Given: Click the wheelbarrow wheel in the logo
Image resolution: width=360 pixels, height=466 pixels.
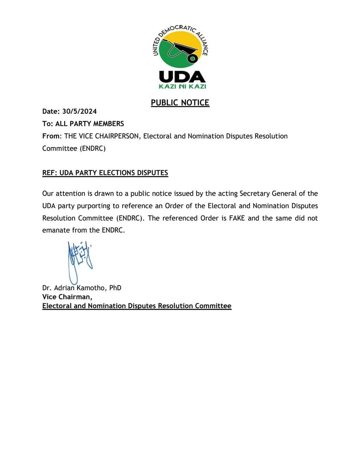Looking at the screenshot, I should click(192, 58).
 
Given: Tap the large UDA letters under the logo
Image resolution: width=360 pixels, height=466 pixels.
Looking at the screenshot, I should click(182, 77).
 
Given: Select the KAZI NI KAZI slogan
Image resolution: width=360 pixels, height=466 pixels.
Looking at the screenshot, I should click(182, 87).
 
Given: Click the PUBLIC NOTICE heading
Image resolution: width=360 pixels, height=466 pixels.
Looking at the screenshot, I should click(180, 102).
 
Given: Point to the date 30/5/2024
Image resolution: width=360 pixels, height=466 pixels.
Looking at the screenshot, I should click(79, 111).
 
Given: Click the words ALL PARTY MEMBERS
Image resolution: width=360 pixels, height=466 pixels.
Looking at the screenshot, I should click(90, 124).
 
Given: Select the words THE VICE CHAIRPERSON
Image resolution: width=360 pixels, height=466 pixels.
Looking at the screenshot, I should click(101, 136).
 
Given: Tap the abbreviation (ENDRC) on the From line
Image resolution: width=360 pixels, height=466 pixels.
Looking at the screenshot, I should click(92, 148).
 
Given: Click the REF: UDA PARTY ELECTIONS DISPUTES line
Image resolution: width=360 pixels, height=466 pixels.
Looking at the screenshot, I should click(105, 173).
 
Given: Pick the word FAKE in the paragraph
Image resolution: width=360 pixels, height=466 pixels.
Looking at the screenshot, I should click(237, 218).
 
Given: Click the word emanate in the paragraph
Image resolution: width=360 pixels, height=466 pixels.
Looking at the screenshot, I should click(56, 230).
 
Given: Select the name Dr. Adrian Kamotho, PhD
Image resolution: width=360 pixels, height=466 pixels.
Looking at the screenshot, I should click(82, 288).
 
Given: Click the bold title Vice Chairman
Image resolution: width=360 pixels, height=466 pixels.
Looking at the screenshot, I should click(67, 297).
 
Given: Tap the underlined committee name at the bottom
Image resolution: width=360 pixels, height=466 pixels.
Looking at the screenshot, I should click(137, 306).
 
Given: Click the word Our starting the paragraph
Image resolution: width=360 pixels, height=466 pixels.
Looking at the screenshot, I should click(48, 193).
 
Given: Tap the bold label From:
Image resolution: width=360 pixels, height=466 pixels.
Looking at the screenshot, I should click(52, 136).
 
